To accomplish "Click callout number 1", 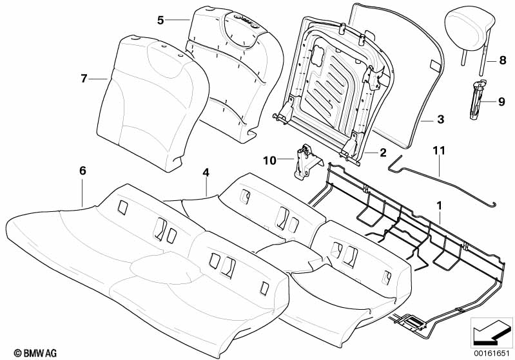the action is (439, 206).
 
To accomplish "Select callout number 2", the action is (383, 153).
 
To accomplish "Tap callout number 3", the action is (441, 119).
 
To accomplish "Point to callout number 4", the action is (206, 173).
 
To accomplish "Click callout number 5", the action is (160, 21).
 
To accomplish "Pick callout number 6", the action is (83, 171).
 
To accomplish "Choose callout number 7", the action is (84, 79).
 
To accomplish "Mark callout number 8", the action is (503, 61).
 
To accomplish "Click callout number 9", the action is (501, 102).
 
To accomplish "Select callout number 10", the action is (270, 160).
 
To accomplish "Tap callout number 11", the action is (439, 151).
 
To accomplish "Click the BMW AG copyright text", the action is (35, 353).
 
